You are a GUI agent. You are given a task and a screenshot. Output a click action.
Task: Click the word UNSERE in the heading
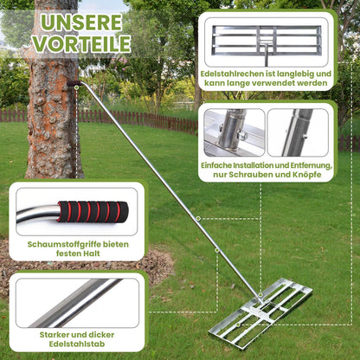point(83,19)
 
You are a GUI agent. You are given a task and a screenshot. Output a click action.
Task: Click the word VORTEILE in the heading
point(83,43)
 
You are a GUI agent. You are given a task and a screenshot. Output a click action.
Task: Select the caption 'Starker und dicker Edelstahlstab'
point(76,340)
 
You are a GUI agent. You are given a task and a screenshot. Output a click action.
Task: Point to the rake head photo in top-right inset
point(267,40)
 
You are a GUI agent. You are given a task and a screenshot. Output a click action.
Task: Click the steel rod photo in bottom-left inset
point(76,302)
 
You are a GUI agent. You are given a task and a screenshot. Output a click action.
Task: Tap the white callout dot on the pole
point(199,219)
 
